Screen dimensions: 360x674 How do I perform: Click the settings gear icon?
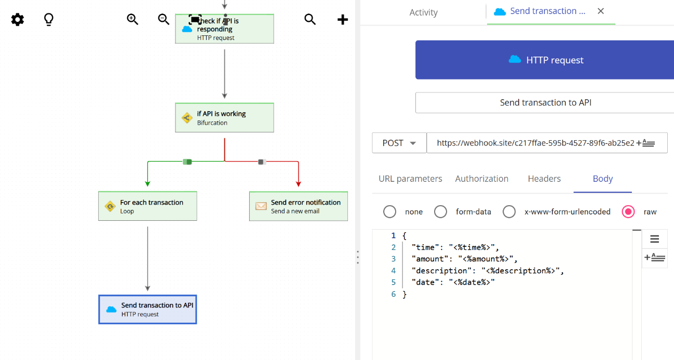(x=18, y=20)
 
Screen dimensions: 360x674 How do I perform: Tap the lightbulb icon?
(x=48, y=20)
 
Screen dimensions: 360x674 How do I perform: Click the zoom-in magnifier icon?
(x=132, y=19)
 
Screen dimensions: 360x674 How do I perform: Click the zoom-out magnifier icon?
(x=164, y=19)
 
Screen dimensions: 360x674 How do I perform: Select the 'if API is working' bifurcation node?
(x=224, y=118)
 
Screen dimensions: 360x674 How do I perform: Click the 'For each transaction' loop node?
(x=147, y=206)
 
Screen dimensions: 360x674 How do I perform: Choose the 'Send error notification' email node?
(x=298, y=206)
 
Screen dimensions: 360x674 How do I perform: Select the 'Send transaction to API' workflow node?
(x=147, y=310)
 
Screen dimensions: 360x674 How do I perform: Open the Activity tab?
(x=423, y=12)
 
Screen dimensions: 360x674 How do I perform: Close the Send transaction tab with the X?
(x=601, y=11)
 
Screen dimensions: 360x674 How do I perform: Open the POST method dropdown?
(x=399, y=143)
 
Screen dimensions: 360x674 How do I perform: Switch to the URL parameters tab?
(x=410, y=179)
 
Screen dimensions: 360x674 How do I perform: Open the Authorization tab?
(x=481, y=179)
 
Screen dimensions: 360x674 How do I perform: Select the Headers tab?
(x=544, y=179)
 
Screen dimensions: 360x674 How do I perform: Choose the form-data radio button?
(x=440, y=211)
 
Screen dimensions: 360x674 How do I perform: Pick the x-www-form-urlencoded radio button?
(x=509, y=211)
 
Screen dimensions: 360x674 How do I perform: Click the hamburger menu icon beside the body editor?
(x=654, y=239)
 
